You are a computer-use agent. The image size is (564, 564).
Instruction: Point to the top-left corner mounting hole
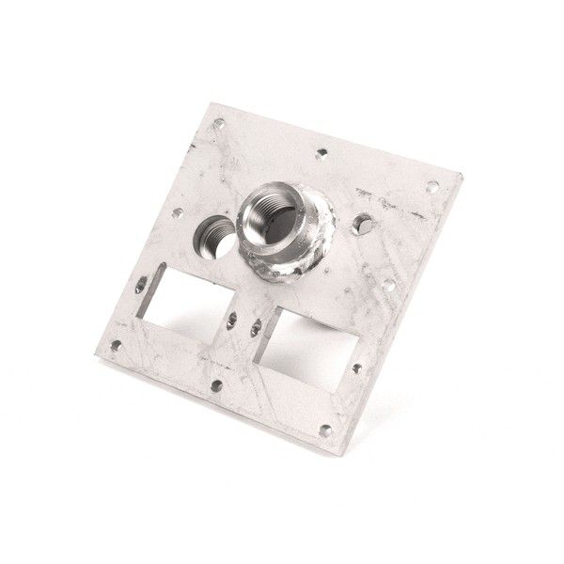[x=219, y=122]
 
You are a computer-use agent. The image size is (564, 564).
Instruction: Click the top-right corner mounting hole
[x=433, y=186]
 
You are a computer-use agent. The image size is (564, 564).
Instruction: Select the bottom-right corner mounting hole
[x=324, y=431]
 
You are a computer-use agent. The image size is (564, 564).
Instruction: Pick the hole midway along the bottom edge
[x=216, y=384]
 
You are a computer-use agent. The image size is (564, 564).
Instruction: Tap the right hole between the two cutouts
[x=257, y=325]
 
